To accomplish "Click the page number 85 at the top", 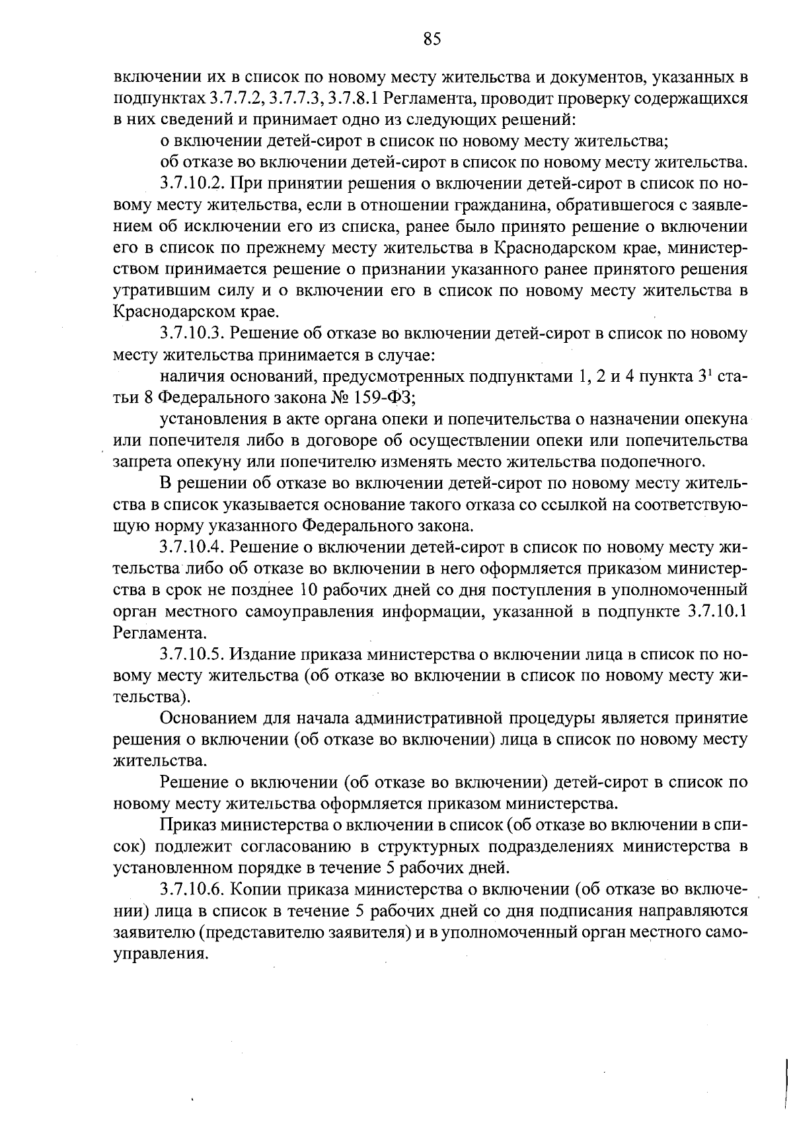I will click(x=432, y=39).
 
